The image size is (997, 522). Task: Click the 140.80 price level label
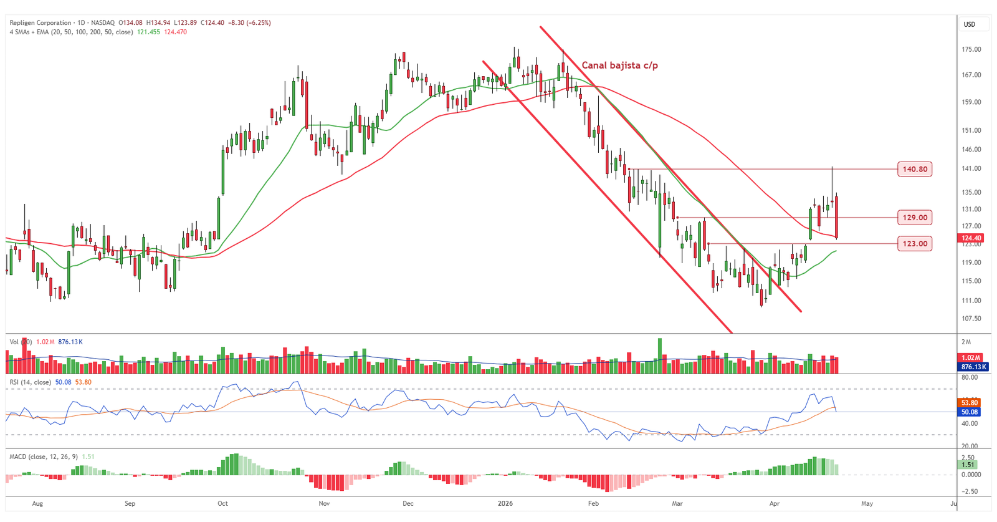(x=915, y=169)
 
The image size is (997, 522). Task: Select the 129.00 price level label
(x=915, y=218)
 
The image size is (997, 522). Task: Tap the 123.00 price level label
(x=915, y=244)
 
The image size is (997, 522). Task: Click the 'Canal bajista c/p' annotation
(x=619, y=65)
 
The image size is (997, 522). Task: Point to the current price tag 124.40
(x=971, y=238)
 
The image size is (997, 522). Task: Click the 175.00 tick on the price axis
(x=971, y=49)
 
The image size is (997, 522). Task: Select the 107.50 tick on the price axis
(x=971, y=319)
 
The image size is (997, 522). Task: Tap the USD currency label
(x=970, y=24)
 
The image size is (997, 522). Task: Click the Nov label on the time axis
(x=324, y=503)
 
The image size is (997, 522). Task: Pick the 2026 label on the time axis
(x=505, y=503)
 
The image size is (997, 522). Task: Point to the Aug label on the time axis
(x=37, y=503)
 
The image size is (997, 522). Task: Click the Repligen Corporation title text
(x=41, y=23)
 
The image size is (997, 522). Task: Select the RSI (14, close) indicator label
(x=31, y=382)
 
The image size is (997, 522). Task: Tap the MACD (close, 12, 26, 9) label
(x=44, y=457)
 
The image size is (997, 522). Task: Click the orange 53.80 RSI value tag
(x=970, y=403)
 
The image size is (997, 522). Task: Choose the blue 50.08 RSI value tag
(x=970, y=412)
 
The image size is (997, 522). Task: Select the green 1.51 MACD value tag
(x=968, y=465)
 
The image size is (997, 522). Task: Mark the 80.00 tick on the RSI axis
(x=970, y=378)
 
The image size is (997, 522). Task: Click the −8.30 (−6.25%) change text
(x=249, y=23)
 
